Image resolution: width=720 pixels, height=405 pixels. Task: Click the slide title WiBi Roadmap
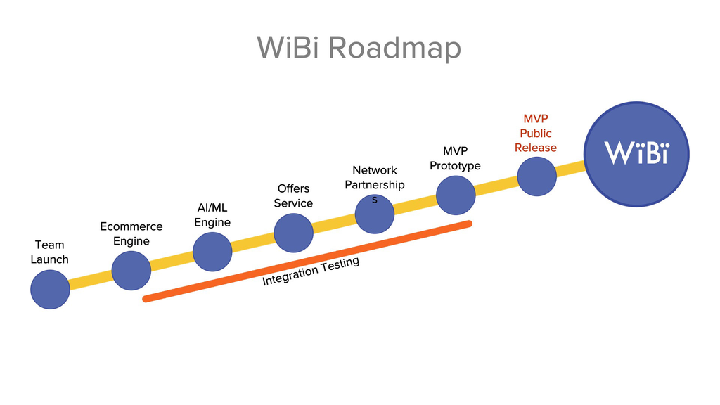pos(359,48)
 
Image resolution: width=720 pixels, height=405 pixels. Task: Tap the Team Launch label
pos(49,252)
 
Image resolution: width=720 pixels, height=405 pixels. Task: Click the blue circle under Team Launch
pos(50,289)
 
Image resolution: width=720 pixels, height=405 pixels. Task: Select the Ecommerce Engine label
pos(131,233)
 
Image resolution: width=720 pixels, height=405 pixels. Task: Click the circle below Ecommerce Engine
pos(131,271)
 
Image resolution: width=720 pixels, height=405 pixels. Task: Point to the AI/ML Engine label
pos(212,215)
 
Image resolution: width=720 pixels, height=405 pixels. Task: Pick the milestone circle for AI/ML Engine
pos(212,252)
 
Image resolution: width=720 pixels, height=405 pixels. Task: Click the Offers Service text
pos(293,195)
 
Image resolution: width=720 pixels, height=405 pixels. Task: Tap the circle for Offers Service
pos(293,233)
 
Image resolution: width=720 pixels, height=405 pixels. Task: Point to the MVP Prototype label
pos(455,158)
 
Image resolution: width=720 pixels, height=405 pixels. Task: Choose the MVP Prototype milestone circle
pos(456,195)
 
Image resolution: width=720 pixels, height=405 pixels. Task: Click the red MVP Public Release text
pos(536,133)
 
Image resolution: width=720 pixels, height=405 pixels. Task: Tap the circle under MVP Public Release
pos(536,176)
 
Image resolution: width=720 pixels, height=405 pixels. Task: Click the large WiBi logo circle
pos(637,153)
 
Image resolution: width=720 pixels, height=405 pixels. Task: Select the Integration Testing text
pos(311,271)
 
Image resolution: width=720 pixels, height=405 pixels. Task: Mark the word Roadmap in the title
pos(394,48)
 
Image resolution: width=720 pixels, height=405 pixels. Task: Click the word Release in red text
pos(536,148)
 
